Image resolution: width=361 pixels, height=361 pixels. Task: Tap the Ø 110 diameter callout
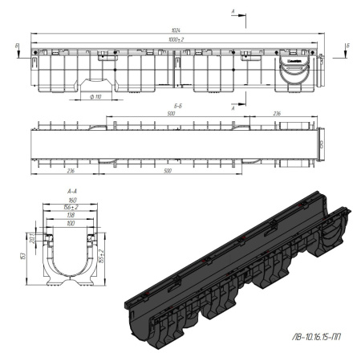(95, 96)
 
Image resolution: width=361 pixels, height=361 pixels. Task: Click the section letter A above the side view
(233, 11)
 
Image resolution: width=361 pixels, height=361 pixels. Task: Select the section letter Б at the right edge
(347, 46)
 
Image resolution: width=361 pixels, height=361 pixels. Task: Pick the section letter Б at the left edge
(18, 47)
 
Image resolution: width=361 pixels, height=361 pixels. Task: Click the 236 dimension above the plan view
(275, 114)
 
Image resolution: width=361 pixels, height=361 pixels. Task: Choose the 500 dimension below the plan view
(167, 170)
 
